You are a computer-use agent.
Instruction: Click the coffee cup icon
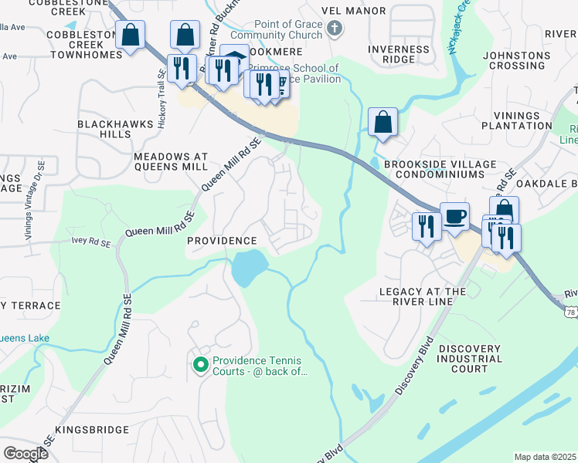454,216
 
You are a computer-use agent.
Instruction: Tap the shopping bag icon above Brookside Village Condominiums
383,122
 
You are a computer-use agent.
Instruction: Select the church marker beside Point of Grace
334,30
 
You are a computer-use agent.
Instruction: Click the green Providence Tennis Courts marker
200,364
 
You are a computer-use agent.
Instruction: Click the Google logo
25,453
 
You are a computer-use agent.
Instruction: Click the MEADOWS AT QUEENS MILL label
171,161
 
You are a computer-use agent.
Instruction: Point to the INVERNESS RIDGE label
399,54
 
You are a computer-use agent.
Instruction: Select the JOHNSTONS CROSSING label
515,60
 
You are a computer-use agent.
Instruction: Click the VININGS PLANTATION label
517,120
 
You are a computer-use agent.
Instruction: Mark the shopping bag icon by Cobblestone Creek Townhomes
131,35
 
